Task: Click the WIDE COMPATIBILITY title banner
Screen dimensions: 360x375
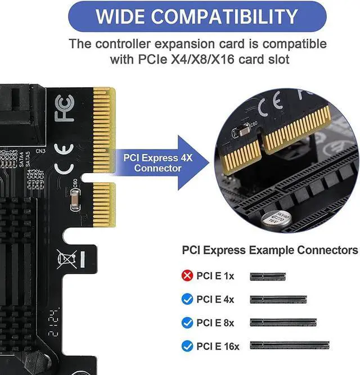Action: coord(196,16)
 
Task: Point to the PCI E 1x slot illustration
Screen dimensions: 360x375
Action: coord(268,277)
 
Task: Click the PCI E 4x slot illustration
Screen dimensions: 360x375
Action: coord(278,300)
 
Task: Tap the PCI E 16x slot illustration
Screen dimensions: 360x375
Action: coord(296,346)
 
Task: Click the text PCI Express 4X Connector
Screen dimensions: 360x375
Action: coord(157,163)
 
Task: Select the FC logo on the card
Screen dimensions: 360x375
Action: coord(65,109)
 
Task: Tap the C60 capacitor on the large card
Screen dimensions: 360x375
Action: coord(75,199)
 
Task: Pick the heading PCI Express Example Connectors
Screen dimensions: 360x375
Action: coord(269,250)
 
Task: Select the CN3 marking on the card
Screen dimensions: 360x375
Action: coord(40,151)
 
